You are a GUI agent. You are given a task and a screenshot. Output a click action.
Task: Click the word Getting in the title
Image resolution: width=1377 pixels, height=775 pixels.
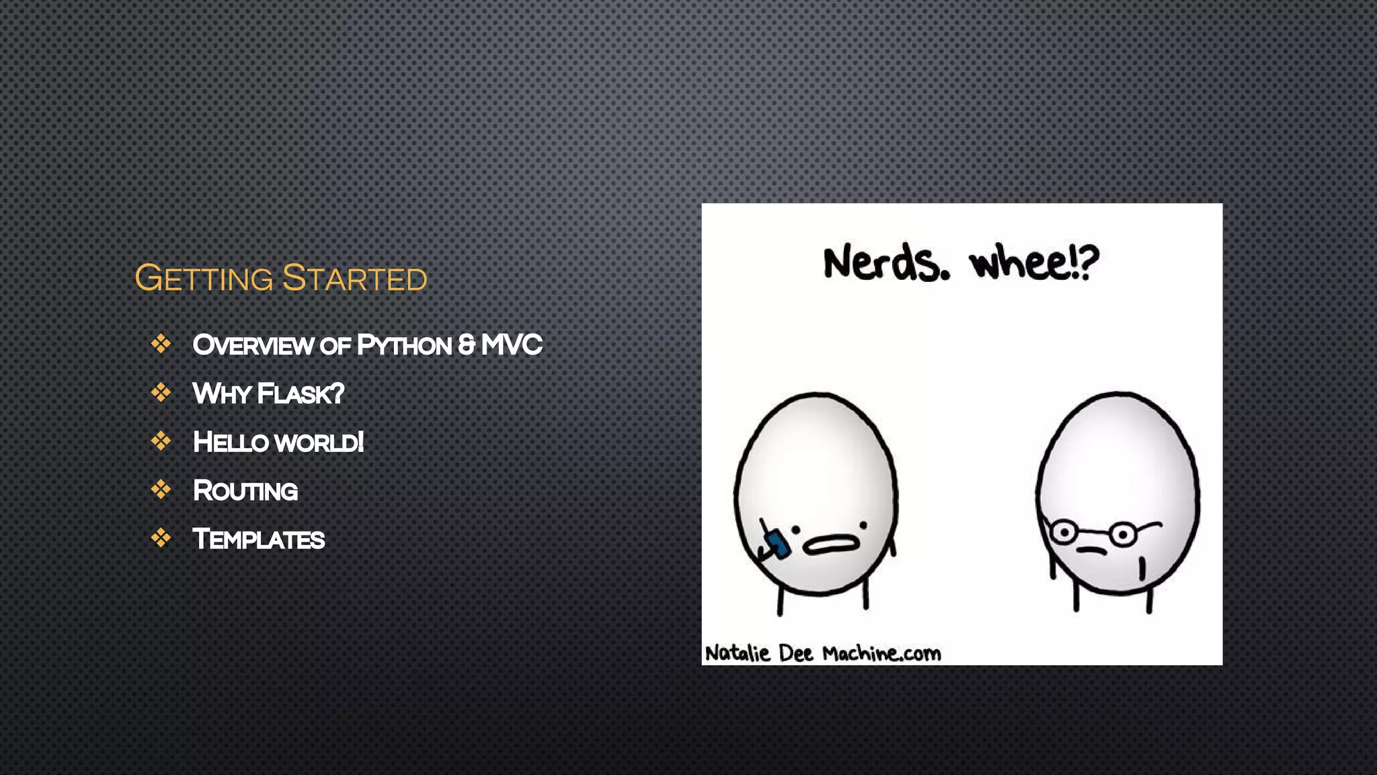[204, 279]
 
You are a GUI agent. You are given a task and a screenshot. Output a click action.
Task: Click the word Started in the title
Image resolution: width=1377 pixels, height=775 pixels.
[354, 279]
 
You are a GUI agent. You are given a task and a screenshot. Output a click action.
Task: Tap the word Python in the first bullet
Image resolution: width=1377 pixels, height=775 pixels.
[404, 345]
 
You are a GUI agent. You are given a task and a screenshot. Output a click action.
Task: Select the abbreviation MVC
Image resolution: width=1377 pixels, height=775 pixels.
[512, 344]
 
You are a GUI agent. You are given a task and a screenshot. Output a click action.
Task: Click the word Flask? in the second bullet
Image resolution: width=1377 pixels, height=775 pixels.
[301, 394]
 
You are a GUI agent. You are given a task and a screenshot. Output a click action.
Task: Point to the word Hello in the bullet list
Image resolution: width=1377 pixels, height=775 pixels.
[231, 442]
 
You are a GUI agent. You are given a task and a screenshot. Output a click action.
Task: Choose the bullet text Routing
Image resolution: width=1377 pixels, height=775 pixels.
[245, 490]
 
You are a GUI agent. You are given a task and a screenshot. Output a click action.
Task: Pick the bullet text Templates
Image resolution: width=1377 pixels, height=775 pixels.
[259, 539]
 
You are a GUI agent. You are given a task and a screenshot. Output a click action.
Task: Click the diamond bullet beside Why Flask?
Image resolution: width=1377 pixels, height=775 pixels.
[161, 392]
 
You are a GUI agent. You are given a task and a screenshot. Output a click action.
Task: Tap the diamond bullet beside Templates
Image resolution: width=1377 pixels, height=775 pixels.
[161, 538]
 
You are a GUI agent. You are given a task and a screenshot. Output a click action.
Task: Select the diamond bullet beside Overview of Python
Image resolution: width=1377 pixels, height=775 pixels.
[161, 344]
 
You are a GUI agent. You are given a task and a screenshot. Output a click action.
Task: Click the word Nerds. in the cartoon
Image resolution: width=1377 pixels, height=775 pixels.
[887, 263]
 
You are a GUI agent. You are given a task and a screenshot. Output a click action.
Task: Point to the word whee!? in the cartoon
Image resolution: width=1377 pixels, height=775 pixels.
[1034, 263]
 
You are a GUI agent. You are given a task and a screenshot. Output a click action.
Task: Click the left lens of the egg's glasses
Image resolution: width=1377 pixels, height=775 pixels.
[1064, 533]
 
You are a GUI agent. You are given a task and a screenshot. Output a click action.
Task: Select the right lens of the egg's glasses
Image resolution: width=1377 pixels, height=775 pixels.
[1122, 536]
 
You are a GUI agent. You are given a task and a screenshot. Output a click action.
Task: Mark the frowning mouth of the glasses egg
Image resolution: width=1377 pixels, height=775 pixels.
[1091, 551]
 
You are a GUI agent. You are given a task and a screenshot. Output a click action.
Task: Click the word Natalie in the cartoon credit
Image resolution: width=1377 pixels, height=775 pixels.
[738, 653]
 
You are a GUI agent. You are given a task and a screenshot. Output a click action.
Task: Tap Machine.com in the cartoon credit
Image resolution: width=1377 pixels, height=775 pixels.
[881, 653]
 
